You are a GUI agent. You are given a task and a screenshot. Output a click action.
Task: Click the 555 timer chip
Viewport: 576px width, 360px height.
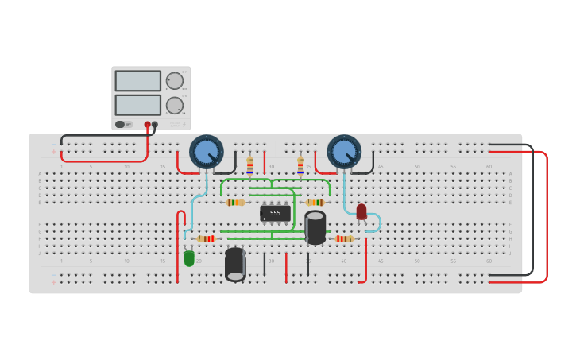click(275, 213)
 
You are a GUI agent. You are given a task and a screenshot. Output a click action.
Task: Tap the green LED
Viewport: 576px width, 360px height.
click(189, 258)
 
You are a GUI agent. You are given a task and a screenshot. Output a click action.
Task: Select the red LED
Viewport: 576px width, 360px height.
click(361, 211)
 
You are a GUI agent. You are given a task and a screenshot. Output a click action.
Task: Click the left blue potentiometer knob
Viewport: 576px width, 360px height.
click(207, 152)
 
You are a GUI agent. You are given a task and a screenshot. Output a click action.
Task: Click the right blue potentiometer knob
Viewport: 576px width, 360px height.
click(344, 152)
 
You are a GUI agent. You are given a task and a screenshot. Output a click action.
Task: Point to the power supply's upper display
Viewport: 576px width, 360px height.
click(138, 81)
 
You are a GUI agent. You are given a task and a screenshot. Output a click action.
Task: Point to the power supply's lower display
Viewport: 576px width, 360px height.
click(138, 105)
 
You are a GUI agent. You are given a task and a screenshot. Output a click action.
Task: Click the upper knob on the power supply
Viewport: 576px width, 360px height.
click(175, 81)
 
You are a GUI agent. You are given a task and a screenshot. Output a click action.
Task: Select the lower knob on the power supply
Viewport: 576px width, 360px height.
click(175, 105)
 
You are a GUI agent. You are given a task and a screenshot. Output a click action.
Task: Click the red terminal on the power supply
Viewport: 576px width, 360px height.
click(147, 124)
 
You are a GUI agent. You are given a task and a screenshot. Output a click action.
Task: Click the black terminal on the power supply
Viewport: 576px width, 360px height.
click(155, 124)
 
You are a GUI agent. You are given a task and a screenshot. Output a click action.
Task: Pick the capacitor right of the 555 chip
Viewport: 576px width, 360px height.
click(315, 227)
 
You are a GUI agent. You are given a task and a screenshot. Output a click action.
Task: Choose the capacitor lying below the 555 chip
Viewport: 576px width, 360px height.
click(235, 265)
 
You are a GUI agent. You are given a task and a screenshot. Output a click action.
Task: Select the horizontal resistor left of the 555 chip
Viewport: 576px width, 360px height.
click(235, 203)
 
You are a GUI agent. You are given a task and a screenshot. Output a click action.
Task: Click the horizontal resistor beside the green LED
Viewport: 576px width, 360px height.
click(207, 238)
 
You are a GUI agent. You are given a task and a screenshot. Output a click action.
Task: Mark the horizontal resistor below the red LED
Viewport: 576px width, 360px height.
click(344, 238)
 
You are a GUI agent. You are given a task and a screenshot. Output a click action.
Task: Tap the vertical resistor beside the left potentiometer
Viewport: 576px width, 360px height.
click(249, 165)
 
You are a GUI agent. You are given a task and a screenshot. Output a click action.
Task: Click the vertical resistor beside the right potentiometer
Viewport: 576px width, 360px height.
click(300, 165)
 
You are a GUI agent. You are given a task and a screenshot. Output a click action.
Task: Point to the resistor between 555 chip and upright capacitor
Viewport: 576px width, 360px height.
click(315, 203)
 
